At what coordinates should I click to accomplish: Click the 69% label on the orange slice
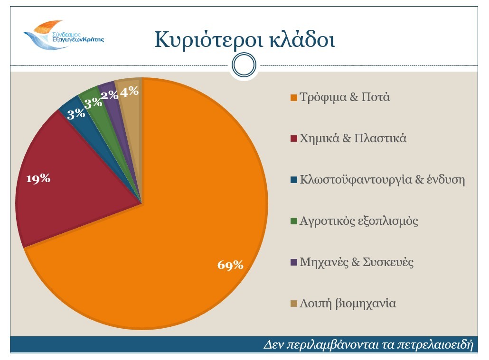(x=230, y=265)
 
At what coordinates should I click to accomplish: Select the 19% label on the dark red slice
(x=38, y=179)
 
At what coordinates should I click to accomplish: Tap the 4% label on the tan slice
(x=129, y=92)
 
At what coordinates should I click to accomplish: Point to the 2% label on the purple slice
(x=110, y=95)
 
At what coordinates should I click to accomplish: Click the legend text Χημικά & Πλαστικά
(x=353, y=138)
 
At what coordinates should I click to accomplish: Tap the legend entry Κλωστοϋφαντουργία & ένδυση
(x=382, y=180)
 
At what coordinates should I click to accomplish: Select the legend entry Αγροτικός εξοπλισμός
(x=359, y=221)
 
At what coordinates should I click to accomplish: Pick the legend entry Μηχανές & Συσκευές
(x=357, y=262)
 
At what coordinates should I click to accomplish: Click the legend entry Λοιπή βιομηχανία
(x=348, y=304)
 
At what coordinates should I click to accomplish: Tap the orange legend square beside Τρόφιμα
(x=294, y=98)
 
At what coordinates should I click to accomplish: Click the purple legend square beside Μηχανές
(x=294, y=263)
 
